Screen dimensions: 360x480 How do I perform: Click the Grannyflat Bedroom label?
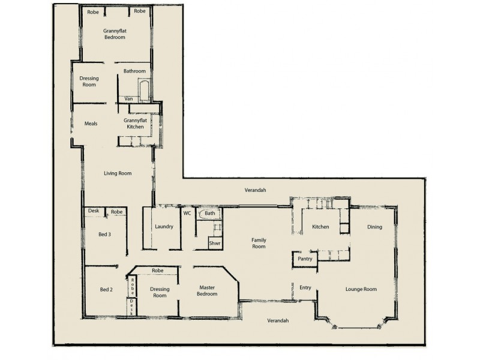115,34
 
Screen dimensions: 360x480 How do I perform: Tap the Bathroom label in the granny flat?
134,71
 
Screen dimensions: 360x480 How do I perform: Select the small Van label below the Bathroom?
128,98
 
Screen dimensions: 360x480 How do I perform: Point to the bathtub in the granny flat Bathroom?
144,92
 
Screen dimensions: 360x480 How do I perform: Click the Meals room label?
91,124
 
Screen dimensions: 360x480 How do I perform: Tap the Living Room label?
118,173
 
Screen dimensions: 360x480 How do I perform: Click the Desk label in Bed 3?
94,212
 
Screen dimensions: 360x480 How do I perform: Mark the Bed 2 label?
106,289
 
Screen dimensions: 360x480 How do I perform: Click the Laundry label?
164,227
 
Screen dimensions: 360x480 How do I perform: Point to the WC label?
187,213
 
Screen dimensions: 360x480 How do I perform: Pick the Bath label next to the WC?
209,213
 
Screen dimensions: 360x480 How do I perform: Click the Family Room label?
259,243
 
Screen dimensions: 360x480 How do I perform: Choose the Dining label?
375,227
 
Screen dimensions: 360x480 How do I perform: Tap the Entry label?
305,288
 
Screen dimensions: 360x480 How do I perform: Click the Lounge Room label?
361,289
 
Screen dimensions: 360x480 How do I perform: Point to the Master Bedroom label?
207,290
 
